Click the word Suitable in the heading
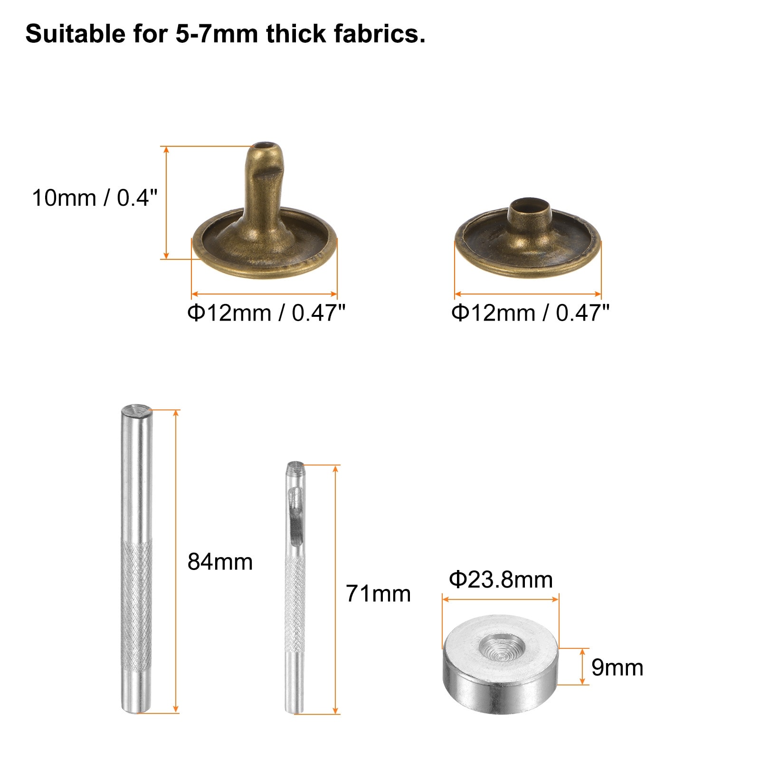pyautogui.click(x=75, y=34)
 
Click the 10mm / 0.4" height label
pyautogui.click(x=95, y=198)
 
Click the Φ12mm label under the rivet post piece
pyautogui.click(x=266, y=313)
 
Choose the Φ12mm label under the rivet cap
pyautogui.click(x=530, y=313)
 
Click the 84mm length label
pyautogui.click(x=220, y=562)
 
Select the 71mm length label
pyautogui.click(x=378, y=594)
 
